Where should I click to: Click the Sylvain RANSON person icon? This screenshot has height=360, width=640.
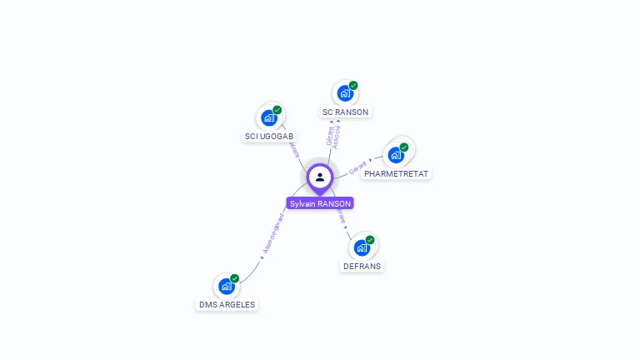pyautogui.click(x=320, y=177)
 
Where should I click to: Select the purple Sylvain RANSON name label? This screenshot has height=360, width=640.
pyautogui.click(x=320, y=203)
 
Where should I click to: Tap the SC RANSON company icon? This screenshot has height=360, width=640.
pyautogui.click(x=344, y=93)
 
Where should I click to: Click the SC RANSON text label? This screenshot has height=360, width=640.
pyautogui.click(x=345, y=112)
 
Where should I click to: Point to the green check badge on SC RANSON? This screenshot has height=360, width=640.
pyautogui.click(x=353, y=85)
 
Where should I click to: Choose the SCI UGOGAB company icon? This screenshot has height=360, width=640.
pyautogui.click(x=268, y=117)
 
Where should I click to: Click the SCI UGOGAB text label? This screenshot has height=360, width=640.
pyautogui.click(x=269, y=136)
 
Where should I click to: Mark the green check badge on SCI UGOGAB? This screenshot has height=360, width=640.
pyautogui.click(x=277, y=110)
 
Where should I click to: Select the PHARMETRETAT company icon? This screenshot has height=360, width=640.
pyautogui.click(x=396, y=155)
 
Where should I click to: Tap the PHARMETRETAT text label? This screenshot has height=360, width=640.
pyautogui.click(x=397, y=173)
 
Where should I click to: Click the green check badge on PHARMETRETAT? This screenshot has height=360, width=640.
pyautogui.click(x=404, y=147)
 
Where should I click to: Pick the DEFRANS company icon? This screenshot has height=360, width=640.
pyautogui.click(x=361, y=247)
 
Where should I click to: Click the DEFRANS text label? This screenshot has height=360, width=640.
pyautogui.click(x=362, y=266)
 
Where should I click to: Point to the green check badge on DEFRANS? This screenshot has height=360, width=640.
pyautogui.click(x=370, y=240)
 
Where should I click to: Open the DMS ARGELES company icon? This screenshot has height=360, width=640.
pyautogui.click(x=226, y=286)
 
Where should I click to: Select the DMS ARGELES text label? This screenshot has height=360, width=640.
pyautogui.click(x=227, y=304)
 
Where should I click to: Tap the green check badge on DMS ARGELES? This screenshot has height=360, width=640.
pyautogui.click(x=235, y=278)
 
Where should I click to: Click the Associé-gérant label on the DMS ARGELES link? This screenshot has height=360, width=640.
pyautogui.click(x=273, y=233)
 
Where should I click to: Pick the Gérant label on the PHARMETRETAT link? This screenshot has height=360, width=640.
pyautogui.click(x=357, y=167)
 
